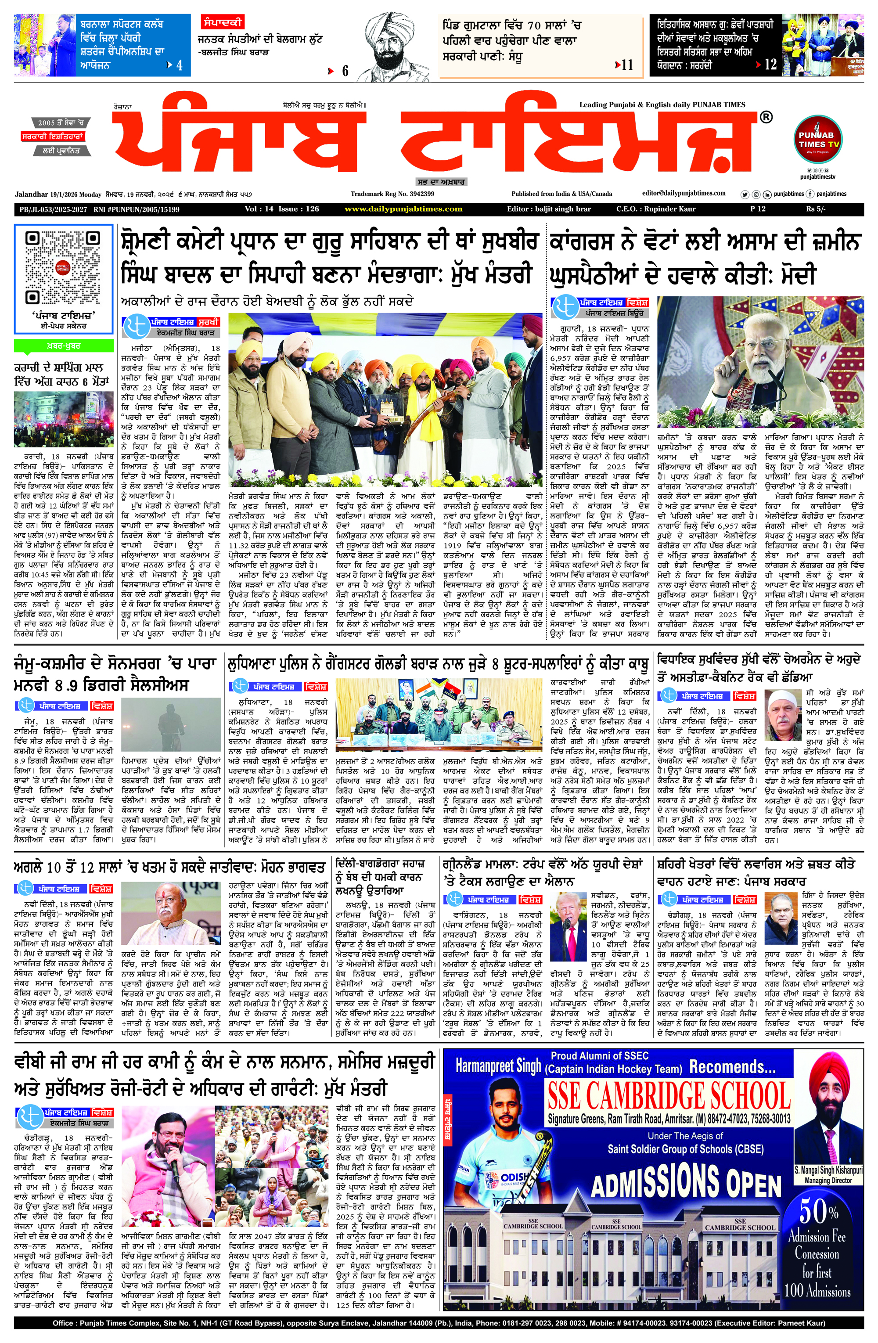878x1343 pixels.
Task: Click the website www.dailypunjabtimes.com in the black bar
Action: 403,209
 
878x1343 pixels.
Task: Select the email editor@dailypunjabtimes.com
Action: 684,193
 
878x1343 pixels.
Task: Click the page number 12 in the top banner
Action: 770,65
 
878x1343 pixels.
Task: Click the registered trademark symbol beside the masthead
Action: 766,117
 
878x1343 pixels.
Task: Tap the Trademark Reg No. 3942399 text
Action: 392,194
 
